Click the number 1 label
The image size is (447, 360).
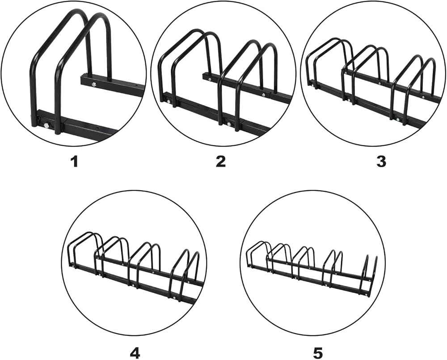[74, 161]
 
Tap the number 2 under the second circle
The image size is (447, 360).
[221, 161]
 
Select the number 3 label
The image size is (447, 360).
[381, 161]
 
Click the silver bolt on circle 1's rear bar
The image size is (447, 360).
[93, 83]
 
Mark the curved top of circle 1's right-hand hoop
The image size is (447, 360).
[98, 20]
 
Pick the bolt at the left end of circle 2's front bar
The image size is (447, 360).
[169, 101]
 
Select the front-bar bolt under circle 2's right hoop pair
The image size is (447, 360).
[229, 123]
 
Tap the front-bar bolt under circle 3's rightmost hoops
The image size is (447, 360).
[398, 119]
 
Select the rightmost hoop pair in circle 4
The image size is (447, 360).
[186, 274]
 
